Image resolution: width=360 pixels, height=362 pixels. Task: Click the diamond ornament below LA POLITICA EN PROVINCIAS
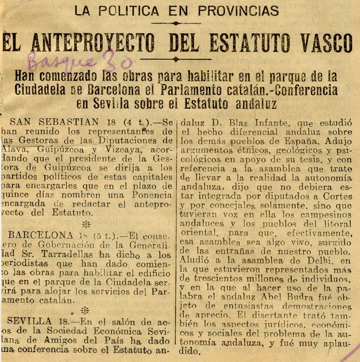pos(175,23)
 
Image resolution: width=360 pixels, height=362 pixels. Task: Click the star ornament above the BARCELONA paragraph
pos(85,224)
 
